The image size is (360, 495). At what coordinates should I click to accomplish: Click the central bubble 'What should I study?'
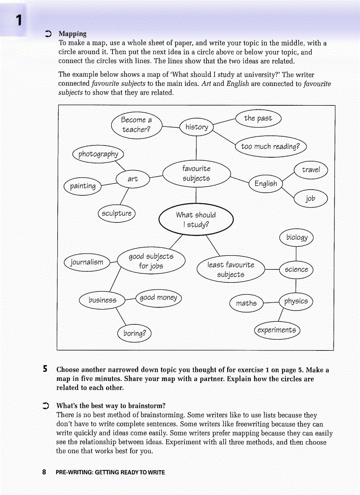coord(195,220)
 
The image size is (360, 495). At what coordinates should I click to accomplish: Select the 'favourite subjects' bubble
coord(196,174)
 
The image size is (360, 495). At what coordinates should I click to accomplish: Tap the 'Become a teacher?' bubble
coord(136,124)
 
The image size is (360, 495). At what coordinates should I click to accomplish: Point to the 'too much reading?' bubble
coord(270,146)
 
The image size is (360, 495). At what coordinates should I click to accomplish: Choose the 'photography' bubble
coord(98,154)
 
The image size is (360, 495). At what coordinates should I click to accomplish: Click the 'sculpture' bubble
coord(116,213)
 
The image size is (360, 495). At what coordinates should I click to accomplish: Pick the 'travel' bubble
coord(311,170)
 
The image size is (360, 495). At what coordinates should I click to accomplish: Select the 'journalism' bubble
coord(87,262)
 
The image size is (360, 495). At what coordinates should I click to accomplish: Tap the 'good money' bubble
coord(158,298)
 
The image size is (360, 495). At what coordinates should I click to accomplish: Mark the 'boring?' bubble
coord(135,333)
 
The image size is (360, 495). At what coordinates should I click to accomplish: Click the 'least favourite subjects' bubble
coord(231,270)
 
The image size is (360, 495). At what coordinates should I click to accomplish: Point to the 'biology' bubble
coord(296,238)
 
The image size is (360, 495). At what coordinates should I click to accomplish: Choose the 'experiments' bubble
coord(277,330)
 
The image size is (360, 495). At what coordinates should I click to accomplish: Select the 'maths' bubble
coord(246,303)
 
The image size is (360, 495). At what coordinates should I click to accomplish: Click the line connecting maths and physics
coord(271,302)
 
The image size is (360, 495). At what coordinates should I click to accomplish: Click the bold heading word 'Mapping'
coord(72,33)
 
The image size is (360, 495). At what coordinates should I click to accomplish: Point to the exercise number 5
coord(45,369)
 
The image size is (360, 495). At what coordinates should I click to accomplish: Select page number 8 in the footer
coord(44,472)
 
